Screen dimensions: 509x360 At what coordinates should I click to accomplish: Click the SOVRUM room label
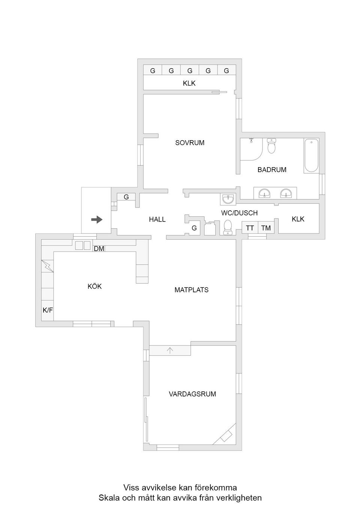190,143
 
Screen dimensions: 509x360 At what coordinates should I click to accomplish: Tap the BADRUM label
272,170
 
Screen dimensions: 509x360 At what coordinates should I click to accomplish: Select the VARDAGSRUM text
192,394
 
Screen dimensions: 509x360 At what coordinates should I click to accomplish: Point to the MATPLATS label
191,290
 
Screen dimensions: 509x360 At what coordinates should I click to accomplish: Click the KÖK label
94,286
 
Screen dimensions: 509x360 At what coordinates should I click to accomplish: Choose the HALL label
157,219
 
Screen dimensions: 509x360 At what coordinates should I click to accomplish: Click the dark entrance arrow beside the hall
97,220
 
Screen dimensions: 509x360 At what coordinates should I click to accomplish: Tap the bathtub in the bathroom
311,156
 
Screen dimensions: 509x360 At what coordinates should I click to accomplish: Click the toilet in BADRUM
271,146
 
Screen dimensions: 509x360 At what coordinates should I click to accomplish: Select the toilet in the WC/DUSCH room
228,227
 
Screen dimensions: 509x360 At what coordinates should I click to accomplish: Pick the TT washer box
250,228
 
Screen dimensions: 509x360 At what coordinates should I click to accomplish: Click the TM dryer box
266,228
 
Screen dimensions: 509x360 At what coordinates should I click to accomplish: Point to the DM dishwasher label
99,249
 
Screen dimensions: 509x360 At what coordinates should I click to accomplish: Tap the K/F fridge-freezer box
48,310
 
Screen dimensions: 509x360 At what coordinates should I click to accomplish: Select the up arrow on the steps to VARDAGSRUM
170,350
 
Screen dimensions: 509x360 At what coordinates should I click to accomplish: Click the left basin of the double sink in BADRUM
265,193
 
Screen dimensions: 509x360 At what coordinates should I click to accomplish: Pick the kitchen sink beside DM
83,246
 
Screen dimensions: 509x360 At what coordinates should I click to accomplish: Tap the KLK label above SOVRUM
189,83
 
